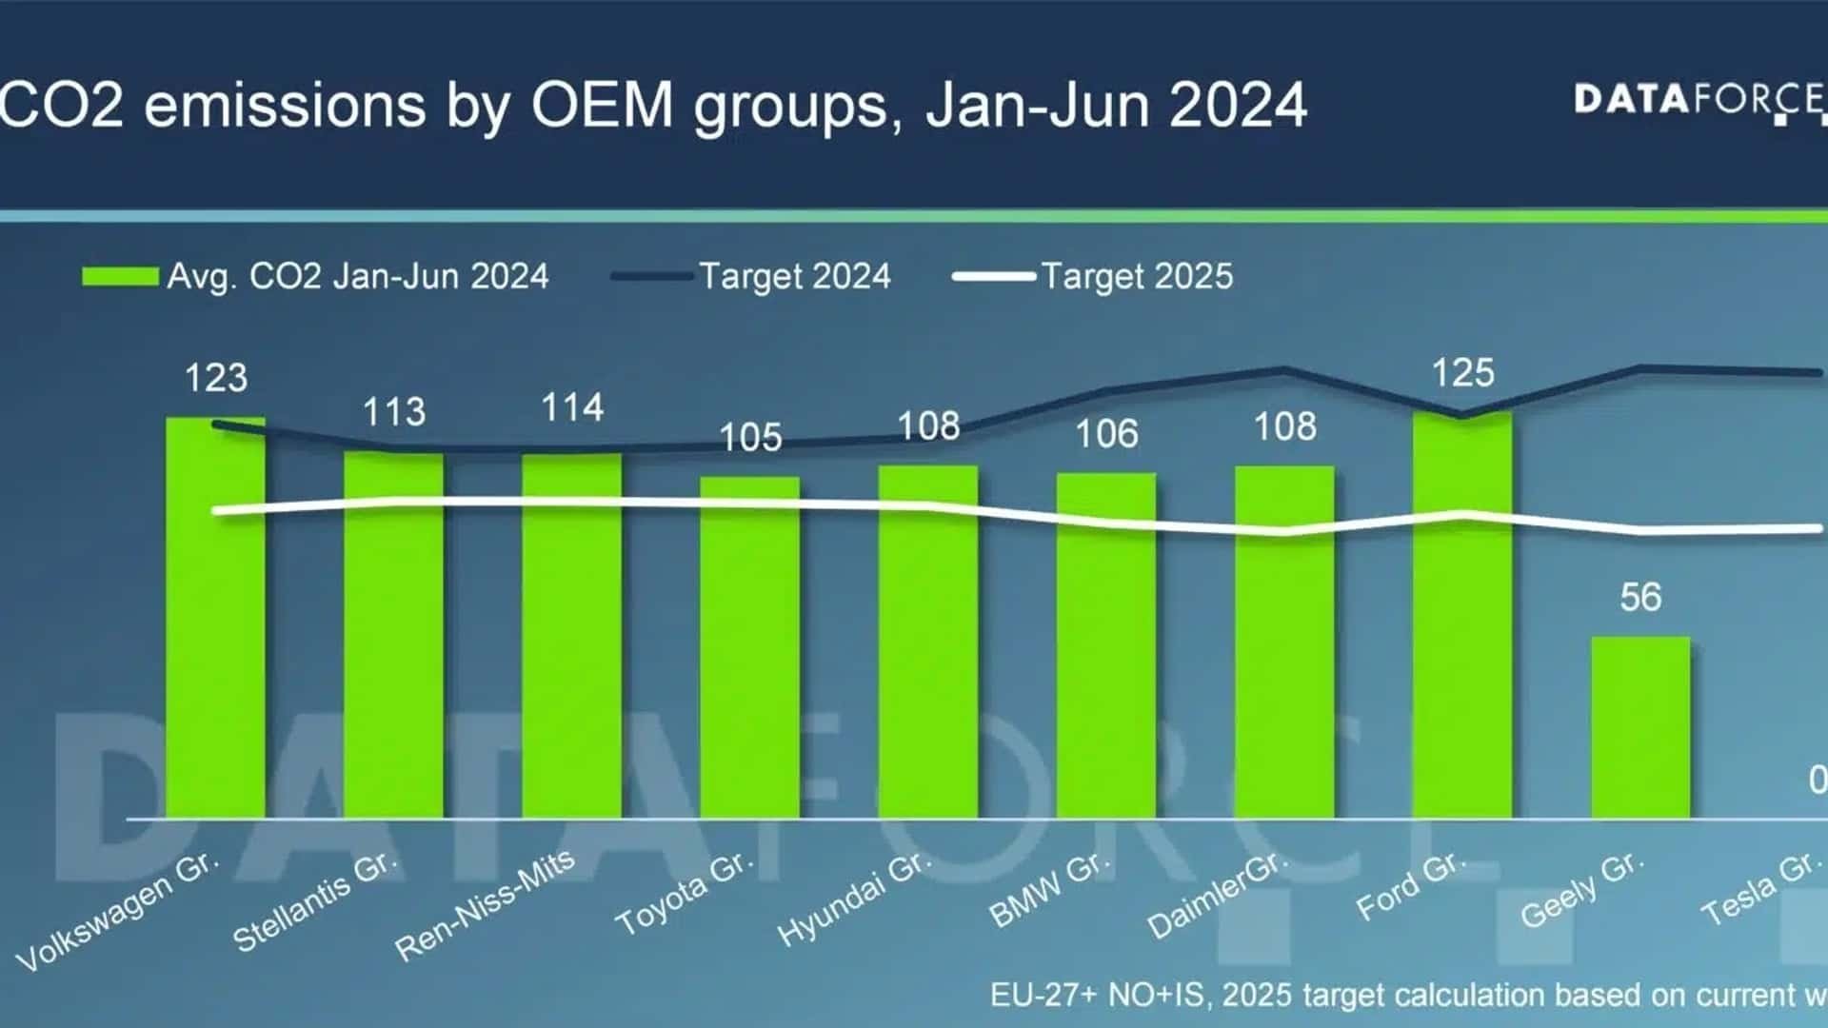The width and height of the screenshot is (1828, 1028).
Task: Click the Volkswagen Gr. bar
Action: [x=215, y=619]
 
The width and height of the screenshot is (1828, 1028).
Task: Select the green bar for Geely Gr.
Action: [x=1640, y=727]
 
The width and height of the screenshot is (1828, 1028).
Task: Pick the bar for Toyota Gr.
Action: [x=749, y=647]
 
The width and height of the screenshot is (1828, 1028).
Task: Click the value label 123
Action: [x=216, y=378]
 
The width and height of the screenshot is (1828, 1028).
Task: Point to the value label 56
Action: [x=1640, y=598]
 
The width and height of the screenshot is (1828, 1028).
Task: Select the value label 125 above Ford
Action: [x=1463, y=373]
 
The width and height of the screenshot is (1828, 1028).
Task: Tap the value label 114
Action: [x=572, y=408]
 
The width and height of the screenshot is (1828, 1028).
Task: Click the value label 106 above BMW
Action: [x=1106, y=434]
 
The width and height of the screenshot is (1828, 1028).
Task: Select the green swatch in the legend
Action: [x=120, y=277]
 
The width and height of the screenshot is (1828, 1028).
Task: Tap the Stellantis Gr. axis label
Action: [x=314, y=901]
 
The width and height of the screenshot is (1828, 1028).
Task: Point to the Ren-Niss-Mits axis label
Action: [x=485, y=904]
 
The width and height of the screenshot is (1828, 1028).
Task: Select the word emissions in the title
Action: [x=285, y=105]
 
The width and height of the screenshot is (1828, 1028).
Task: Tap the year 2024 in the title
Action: [x=1238, y=105]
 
